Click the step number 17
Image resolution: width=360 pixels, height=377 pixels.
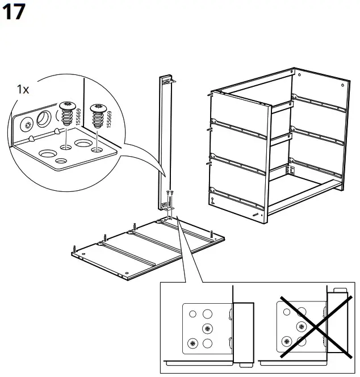pos(14,12)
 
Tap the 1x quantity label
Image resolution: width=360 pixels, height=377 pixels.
pos(23,90)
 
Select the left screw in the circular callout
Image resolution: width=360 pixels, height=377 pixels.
pos(68,114)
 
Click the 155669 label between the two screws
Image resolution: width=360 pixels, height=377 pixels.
pos(78,117)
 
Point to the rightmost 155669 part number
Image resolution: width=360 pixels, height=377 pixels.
pos(109,119)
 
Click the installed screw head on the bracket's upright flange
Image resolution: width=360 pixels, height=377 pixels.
pos(27,125)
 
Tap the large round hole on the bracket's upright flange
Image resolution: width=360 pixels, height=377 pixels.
pos(44,119)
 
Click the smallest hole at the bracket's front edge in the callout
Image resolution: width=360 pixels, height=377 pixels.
pos(61,160)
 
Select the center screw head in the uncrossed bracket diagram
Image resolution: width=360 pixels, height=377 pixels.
pos(207,328)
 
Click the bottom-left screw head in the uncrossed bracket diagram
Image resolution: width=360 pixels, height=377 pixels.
pos(192,343)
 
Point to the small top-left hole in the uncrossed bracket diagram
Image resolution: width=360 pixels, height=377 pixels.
pos(192,314)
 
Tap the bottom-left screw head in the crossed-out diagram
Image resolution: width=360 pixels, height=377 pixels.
pos(287,341)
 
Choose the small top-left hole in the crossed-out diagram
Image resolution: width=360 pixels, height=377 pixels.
pos(287,312)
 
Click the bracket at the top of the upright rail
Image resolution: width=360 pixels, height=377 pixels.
pos(170,81)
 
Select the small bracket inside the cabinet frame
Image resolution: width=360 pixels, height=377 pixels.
pos(291,170)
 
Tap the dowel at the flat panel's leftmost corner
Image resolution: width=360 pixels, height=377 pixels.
pos(75,249)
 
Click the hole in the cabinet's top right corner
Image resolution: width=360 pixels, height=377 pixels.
pos(342,85)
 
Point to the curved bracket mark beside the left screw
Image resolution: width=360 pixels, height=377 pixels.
pos(57,115)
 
